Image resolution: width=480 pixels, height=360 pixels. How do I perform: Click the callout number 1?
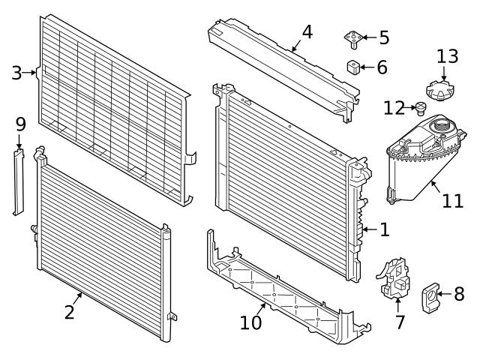point(384,229)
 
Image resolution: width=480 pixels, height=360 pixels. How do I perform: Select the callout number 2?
point(70,311)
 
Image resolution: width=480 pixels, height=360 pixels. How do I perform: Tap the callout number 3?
point(17,73)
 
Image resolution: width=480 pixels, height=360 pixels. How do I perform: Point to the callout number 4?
point(307,32)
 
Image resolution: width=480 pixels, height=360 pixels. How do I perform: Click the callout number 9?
point(20,121)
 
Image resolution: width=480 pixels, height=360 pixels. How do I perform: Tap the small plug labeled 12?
point(421,109)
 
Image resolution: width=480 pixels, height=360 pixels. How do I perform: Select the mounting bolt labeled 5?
point(354,37)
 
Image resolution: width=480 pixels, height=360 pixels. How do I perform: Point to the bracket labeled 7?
point(394,279)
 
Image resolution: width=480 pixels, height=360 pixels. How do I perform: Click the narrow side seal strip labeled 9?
point(19,181)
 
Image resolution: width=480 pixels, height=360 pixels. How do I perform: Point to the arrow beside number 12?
point(412,108)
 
